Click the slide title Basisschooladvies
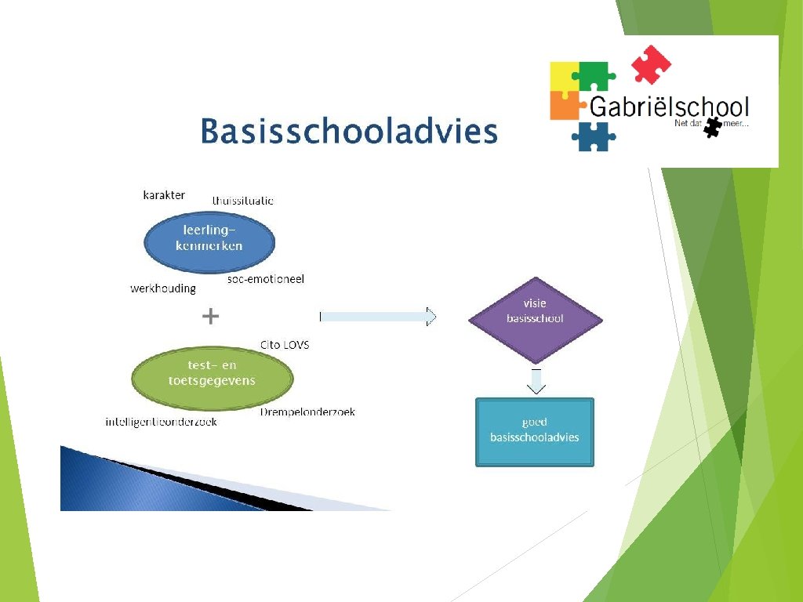tap(348, 131)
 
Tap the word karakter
tap(164, 194)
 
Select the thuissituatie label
tap(243, 201)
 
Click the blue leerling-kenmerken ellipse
tap(209, 238)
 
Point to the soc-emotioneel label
tap(265, 279)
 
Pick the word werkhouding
tap(163, 288)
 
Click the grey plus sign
tap(210, 316)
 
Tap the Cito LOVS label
tap(285, 345)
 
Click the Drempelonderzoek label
tap(307, 412)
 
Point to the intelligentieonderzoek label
tap(162, 422)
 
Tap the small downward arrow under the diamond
tap(536, 381)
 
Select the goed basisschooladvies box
tap(535, 431)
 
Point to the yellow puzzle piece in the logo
tap(563, 75)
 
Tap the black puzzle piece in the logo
tap(712, 127)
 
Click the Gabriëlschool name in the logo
tap(669, 107)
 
